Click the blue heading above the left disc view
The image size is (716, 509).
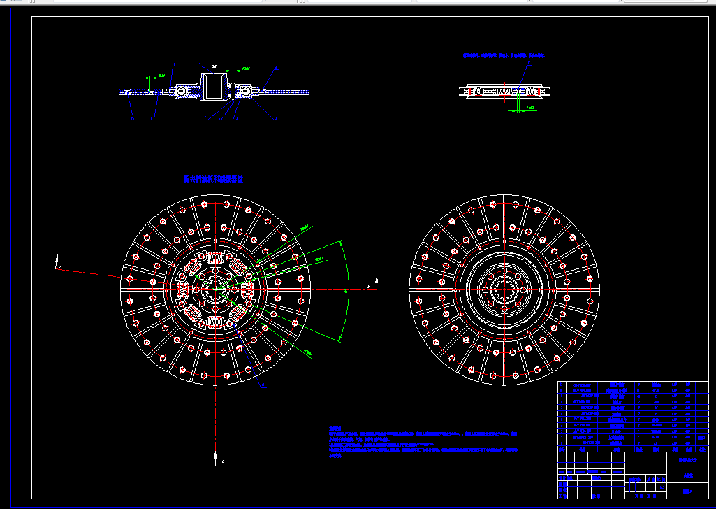[x=213, y=179]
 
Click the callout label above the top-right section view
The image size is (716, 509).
[x=529, y=62]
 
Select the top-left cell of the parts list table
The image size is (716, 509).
[x=562, y=385]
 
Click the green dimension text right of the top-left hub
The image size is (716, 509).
[x=246, y=69]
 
